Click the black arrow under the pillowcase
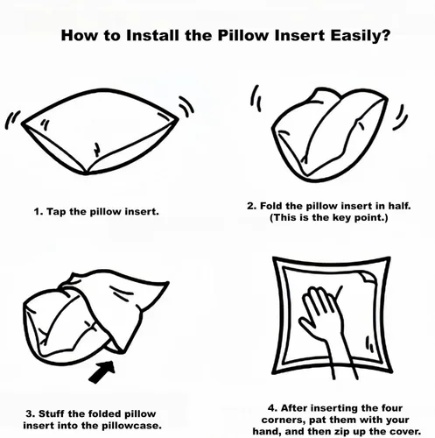coord(102,371)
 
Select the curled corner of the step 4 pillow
coord(368,277)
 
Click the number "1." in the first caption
coord(39,211)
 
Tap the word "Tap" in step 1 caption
coord(56,211)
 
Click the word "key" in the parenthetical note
coord(341,218)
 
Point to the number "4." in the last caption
coord(273,407)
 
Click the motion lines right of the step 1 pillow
coord(186,107)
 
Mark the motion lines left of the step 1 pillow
coord(12,120)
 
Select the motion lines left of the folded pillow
coord(256,98)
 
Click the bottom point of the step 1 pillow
coord(87,174)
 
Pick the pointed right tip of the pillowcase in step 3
coord(167,283)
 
